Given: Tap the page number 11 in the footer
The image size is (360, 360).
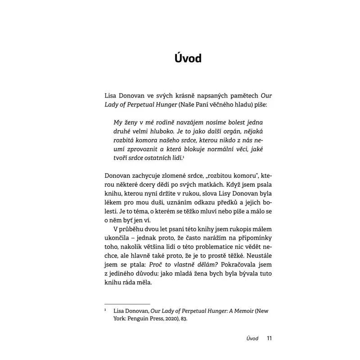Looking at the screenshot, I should click(270, 338).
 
